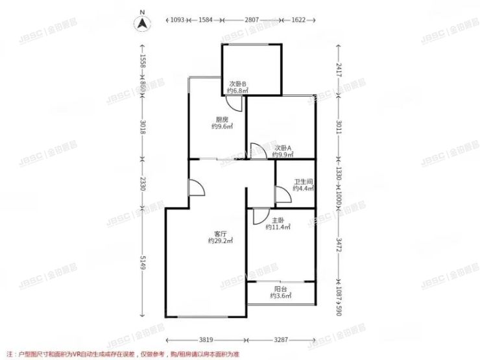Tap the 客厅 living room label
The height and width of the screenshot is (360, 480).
[221, 234]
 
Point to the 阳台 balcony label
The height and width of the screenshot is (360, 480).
[280, 289]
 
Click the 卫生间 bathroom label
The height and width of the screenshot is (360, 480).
[303, 182]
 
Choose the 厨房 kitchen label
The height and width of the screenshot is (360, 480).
[222, 119]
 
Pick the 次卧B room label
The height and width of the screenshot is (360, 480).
[238, 84]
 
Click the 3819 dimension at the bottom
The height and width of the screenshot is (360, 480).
[206, 339]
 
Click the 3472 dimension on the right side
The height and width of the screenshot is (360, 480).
[338, 245]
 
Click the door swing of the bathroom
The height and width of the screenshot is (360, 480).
[282, 194]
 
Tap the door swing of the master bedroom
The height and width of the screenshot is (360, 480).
[259, 215]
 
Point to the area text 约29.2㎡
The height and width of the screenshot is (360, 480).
[221, 241]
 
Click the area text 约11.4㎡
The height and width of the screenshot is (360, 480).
[278, 227]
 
